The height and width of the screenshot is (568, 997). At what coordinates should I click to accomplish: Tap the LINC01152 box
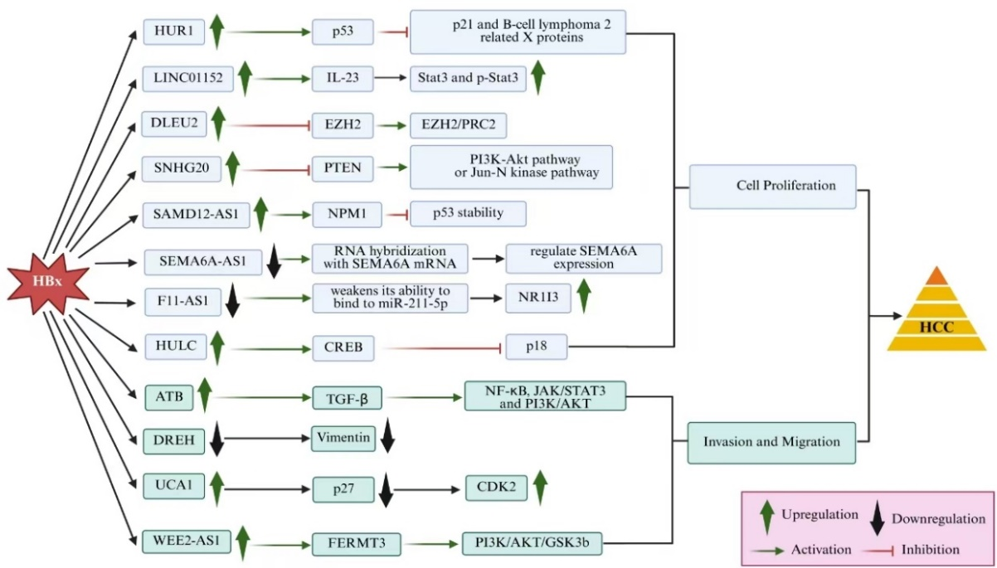pos(182,78)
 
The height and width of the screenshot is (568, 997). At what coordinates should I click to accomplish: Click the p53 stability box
pos(468,213)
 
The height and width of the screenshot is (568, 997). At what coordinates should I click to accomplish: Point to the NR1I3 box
pos(538,300)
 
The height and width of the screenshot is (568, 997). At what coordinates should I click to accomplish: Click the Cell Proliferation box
pos(774,185)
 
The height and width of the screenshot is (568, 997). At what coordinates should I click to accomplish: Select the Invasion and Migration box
pos(771,441)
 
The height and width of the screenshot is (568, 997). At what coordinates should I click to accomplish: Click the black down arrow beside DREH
pos(217,439)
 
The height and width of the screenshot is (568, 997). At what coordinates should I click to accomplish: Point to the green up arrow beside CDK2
pos(540,487)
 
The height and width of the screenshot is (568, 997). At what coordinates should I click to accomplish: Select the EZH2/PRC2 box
pos(458,124)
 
